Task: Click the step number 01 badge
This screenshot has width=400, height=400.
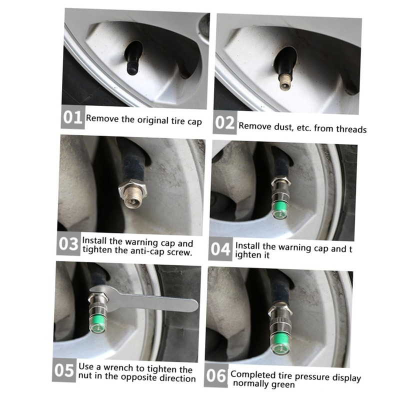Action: (72, 117)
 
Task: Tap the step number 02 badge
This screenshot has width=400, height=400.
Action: (224, 122)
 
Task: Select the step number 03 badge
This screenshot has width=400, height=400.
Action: (68, 243)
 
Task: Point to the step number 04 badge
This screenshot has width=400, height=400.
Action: (220, 249)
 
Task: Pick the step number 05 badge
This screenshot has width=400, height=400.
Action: (64, 370)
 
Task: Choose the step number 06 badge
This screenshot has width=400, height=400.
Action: (216, 375)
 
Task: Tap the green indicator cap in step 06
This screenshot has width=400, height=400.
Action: (280, 343)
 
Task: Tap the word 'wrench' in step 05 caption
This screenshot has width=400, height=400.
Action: (118, 368)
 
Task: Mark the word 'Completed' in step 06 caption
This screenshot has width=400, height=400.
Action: (249, 375)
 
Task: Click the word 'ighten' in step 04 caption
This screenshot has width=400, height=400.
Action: (247, 255)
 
